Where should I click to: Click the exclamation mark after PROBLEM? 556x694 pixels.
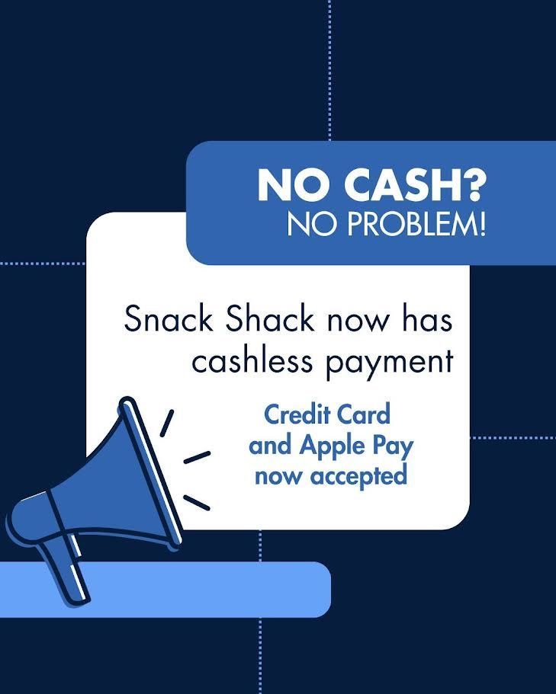(481, 225)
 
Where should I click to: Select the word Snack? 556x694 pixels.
(169, 318)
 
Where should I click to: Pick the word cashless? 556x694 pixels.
(252, 361)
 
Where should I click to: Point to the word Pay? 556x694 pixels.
(391, 446)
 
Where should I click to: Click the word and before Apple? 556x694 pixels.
(268, 446)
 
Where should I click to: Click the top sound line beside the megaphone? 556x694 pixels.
(166, 422)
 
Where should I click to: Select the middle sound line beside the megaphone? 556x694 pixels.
(197, 456)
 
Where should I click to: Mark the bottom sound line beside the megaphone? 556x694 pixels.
(196, 503)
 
